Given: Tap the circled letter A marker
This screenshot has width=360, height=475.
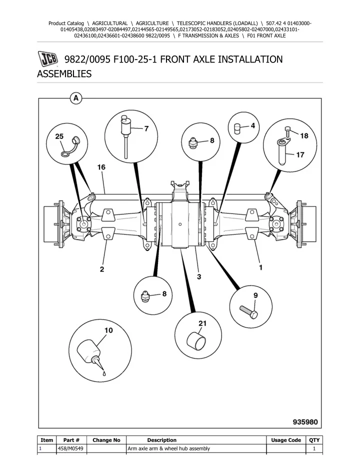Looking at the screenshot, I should (75, 98).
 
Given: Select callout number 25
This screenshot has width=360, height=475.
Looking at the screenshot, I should (59, 136).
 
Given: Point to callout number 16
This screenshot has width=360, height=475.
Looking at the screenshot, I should (100, 167).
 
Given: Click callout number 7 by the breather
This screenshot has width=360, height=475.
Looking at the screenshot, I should (146, 128).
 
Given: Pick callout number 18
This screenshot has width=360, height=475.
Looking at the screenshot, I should (304, 135).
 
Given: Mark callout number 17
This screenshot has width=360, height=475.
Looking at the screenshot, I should (300, 154).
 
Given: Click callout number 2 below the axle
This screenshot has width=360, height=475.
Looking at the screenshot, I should (101, 269).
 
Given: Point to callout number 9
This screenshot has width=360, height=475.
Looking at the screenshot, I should (255, 295).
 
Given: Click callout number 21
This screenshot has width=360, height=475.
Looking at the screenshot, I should (202, 323).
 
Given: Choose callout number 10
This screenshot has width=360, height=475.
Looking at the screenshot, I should (108, 330).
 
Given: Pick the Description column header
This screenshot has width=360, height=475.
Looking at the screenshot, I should (161, 440).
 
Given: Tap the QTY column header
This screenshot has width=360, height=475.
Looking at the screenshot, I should (313, 440).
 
